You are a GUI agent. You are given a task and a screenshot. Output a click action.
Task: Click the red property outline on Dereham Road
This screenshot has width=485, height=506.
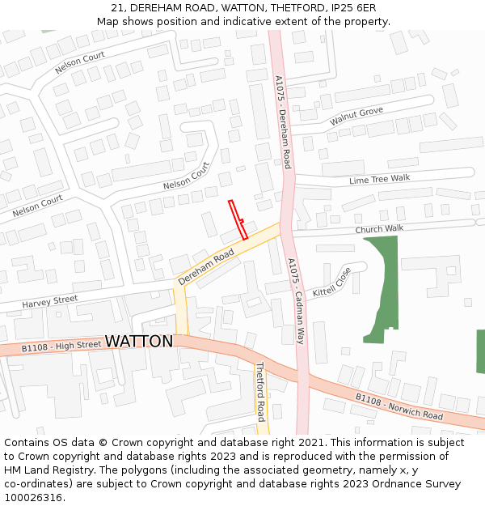[238, 219]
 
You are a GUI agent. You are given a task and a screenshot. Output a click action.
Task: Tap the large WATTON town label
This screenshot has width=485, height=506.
[139, 342]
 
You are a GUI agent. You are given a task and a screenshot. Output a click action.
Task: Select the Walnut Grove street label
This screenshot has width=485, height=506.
[356, 117]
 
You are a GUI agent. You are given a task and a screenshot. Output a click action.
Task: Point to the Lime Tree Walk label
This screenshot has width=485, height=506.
[379, 179]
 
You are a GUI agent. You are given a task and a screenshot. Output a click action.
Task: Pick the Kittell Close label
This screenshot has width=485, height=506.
[332, 281]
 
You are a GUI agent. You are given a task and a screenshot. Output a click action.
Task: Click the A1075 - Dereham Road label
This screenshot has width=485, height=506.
[283, 122]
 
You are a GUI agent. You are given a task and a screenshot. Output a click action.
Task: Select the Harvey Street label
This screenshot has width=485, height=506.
[50, 302]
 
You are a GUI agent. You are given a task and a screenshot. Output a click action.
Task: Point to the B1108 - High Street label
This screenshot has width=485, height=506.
[61, 347]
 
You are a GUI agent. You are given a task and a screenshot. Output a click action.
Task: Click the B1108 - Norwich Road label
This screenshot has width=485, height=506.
[399, 407]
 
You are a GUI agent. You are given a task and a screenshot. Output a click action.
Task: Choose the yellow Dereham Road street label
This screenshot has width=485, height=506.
[206, 266]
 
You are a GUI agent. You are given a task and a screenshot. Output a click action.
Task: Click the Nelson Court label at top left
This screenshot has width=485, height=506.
[79, 63]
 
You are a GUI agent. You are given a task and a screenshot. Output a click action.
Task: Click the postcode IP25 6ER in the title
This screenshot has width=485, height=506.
[352, 7]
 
